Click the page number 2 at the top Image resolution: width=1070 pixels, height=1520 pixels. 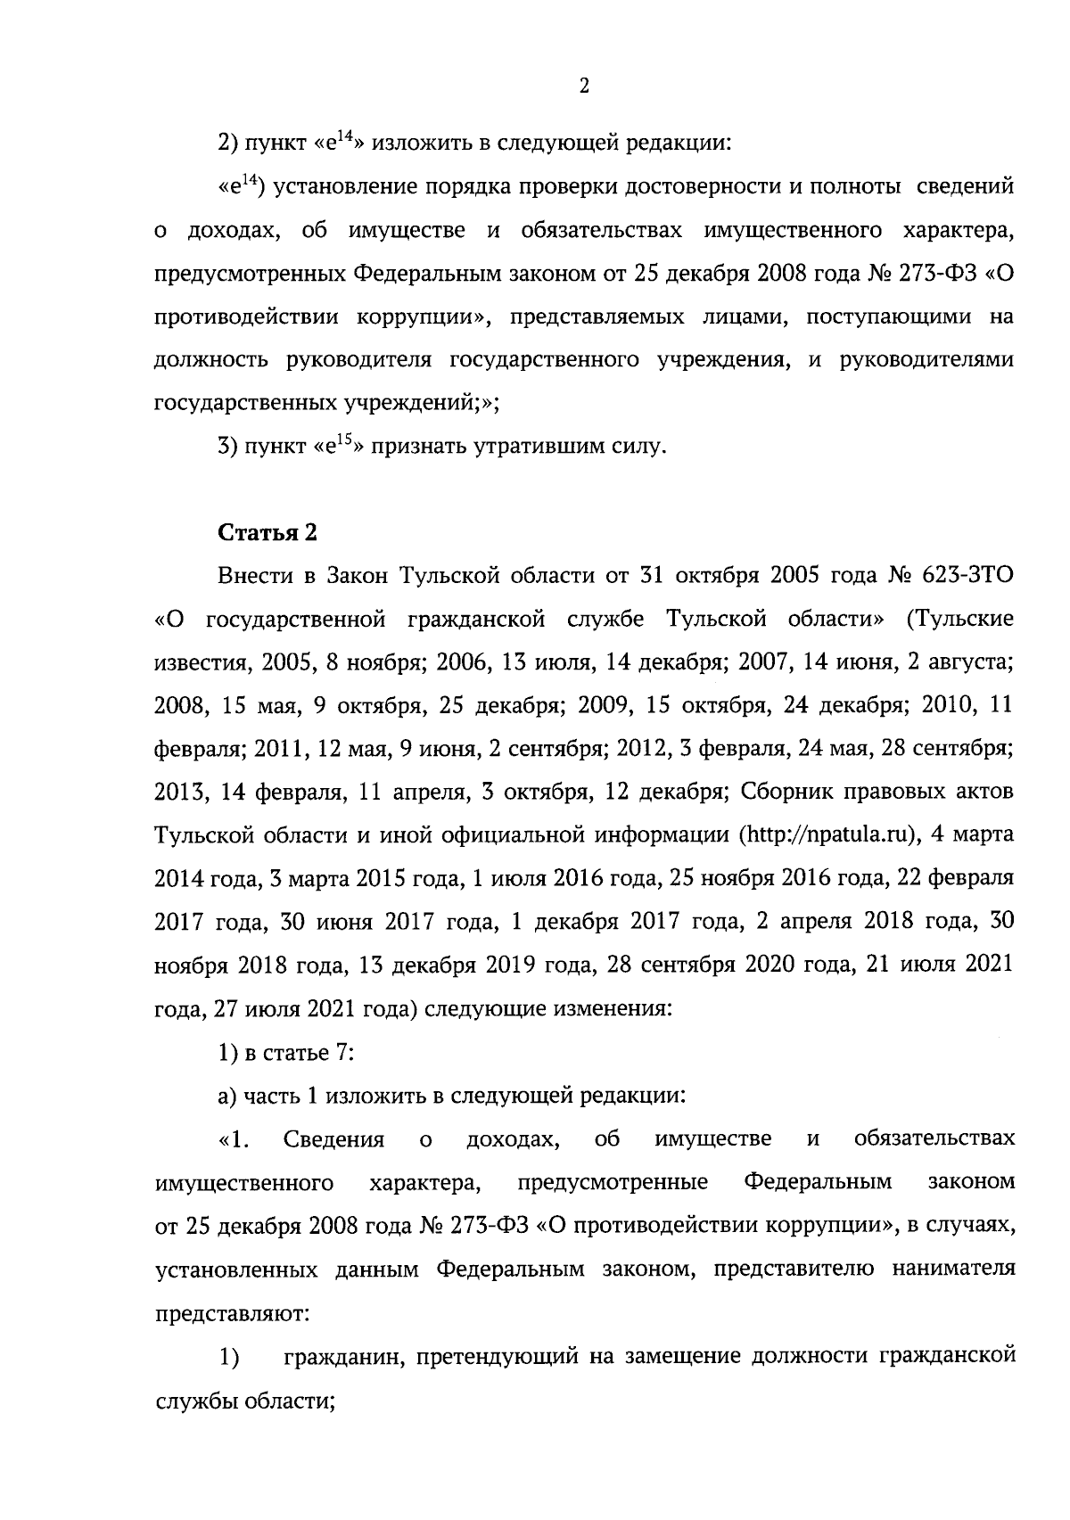[584, 86]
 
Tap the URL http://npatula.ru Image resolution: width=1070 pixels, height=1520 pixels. [828, 834]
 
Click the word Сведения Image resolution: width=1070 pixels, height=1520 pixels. [333, 1139]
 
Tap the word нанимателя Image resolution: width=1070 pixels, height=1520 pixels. [953, 1269]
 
